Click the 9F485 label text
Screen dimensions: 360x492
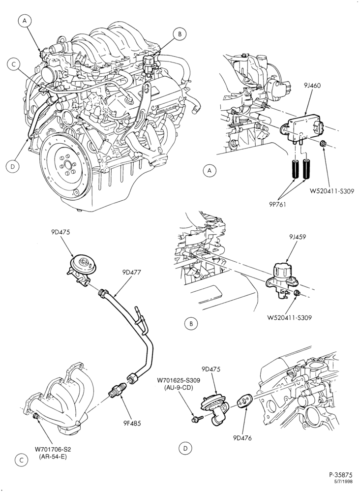click(x=131, y=423)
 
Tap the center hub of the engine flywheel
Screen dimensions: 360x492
click(x=67, y=164)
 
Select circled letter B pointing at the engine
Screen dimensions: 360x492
click(x=180, y=34)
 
